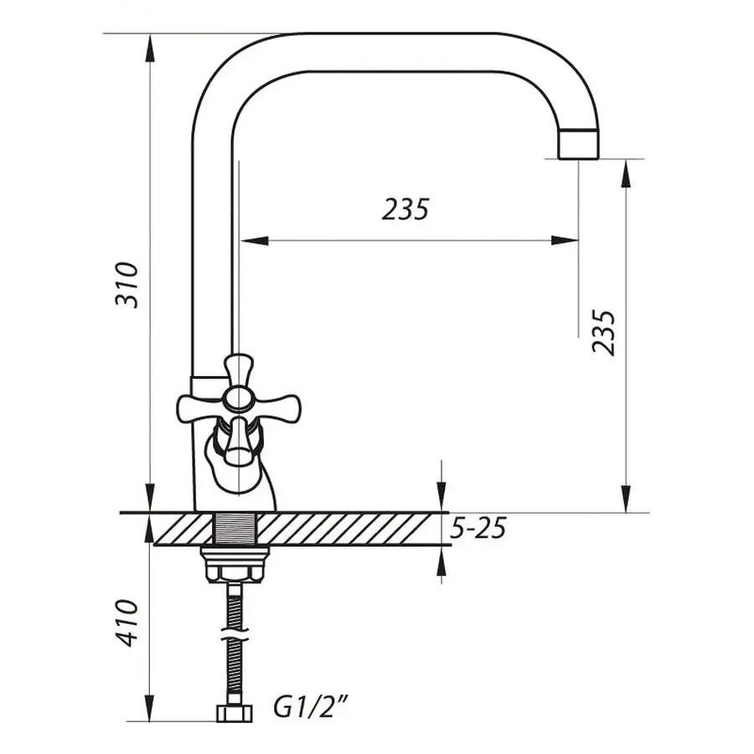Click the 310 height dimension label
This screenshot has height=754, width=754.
click(127, 285)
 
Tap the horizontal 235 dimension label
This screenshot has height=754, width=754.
click(405, 209)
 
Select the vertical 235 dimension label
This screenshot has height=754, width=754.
click(603, 333)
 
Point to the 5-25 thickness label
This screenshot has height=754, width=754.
click(478, 529)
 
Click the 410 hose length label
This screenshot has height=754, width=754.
click(127, 622)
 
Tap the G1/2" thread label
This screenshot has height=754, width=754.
click(311, 708)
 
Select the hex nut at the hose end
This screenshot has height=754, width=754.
click(235, 714)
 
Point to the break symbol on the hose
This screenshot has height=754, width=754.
click(235, 634)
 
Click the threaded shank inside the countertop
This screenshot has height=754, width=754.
click(235, 529)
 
